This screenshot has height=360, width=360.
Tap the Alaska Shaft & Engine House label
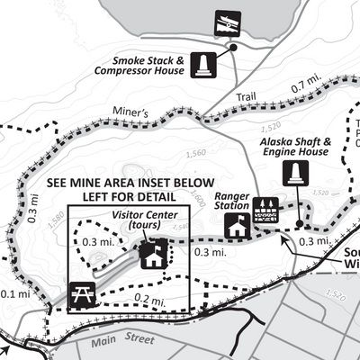pos(296,147)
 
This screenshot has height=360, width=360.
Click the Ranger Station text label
pos(232,197)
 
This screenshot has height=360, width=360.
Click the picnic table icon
pos(79,292)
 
